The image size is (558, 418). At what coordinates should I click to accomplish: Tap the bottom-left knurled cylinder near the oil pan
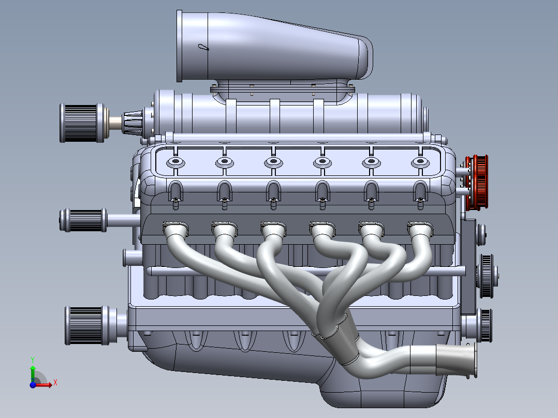tap(86, 325)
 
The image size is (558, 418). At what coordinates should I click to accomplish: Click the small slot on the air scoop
tap(203, 48)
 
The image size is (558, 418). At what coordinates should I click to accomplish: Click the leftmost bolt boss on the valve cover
tap(175, 162)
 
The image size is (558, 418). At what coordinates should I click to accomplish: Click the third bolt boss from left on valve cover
tap(273, 162)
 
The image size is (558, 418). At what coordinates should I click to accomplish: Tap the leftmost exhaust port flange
tap(176, 228)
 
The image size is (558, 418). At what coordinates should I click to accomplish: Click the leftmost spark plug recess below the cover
tap(175, 191)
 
